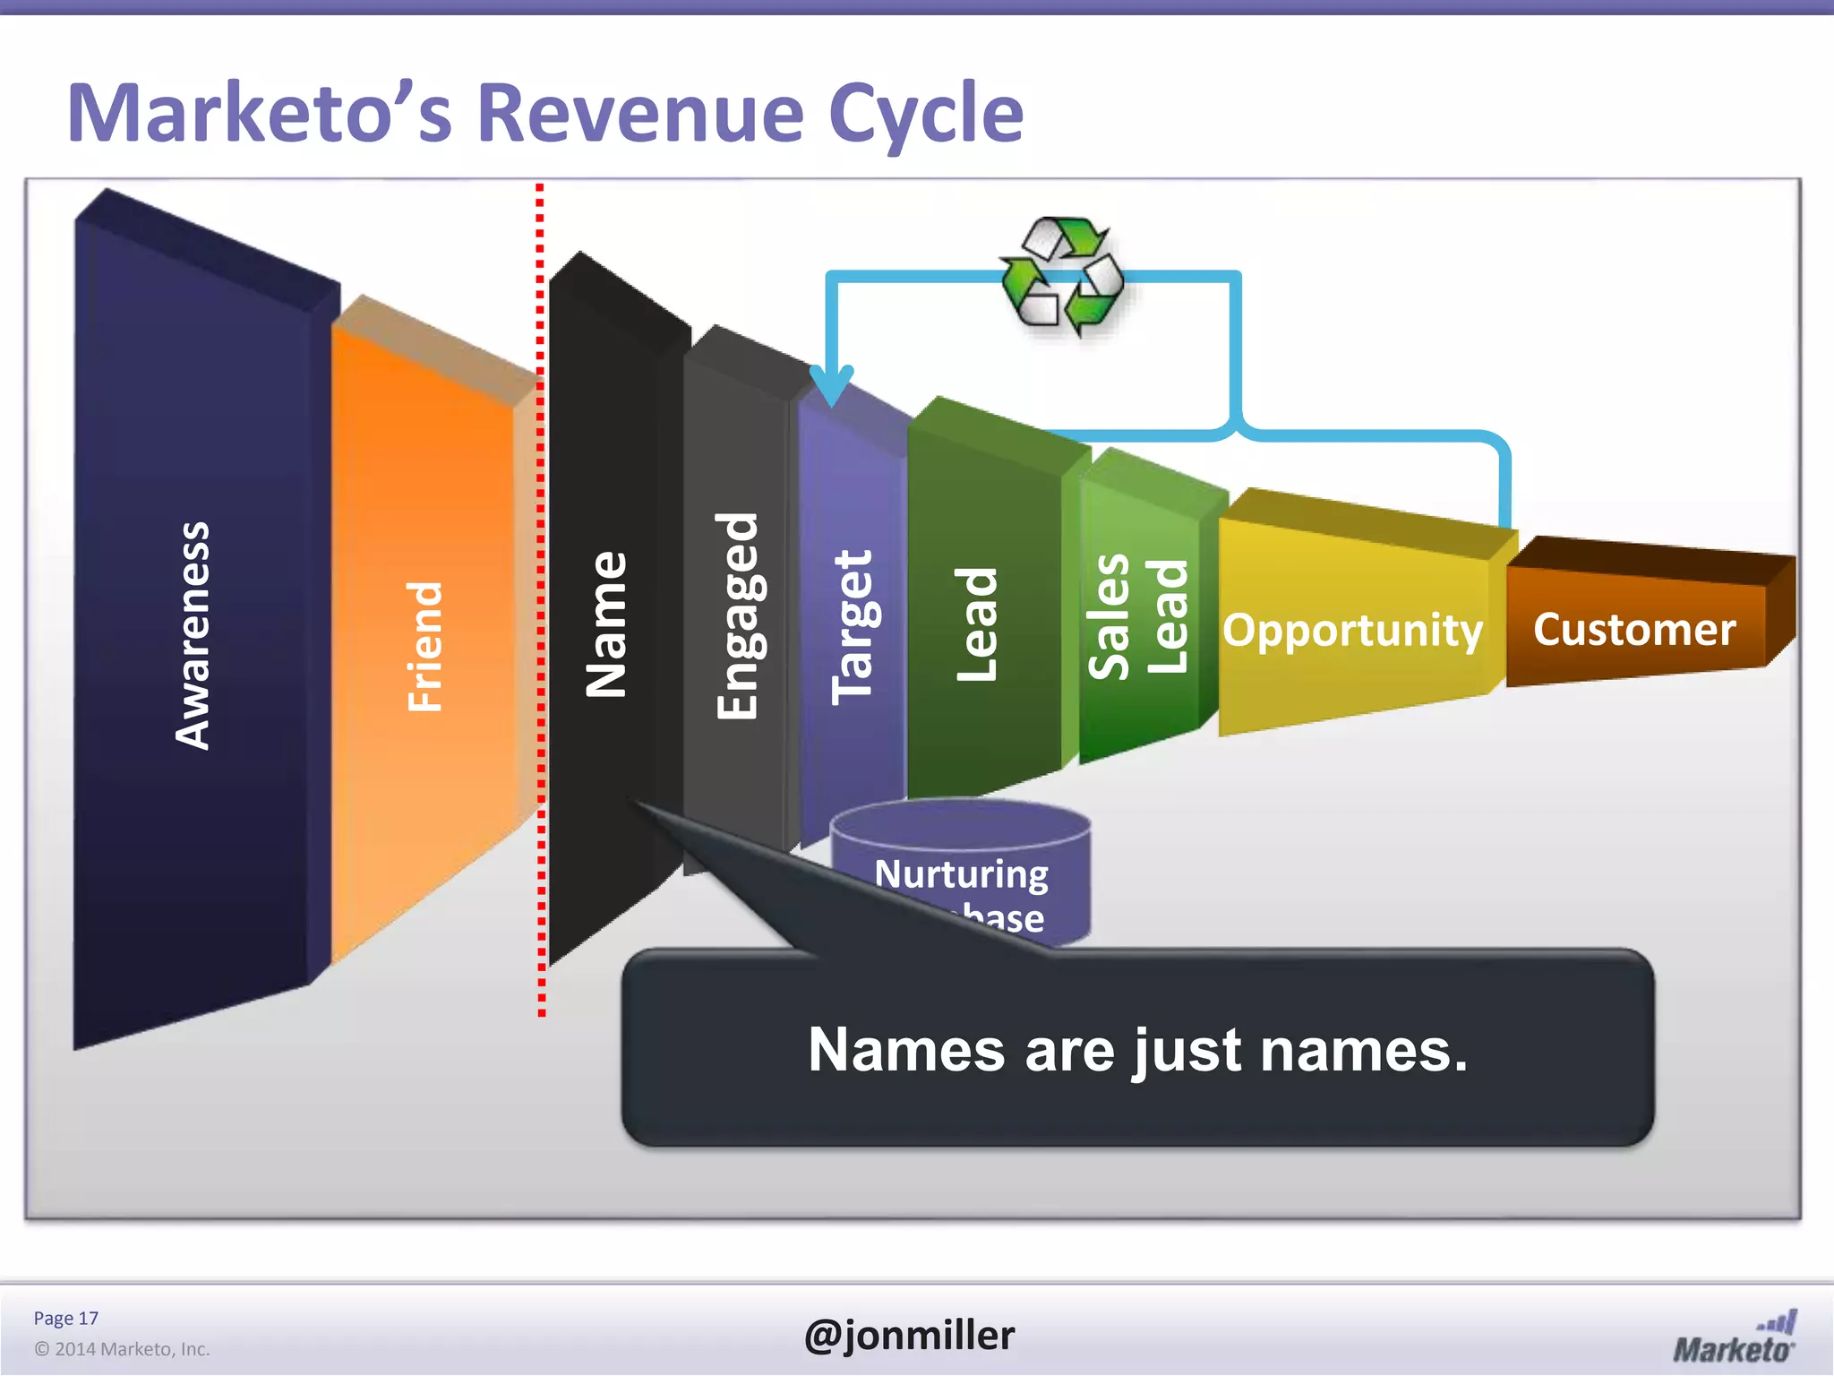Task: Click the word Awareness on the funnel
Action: [193, 635]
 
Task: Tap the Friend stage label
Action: [424, 646]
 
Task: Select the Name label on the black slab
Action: [606, 624]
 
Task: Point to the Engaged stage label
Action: [738, 616]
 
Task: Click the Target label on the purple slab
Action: [852, 626]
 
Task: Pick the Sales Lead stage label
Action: [1138, 616]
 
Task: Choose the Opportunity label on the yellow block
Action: [1352, 630]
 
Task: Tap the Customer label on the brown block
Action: [1634, 629]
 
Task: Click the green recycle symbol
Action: [1062, 275]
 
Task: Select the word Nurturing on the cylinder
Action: [961, 873]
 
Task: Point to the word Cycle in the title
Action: [926, 115]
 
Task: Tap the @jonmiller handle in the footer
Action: [909, 1335]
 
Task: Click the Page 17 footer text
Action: [65, 1318]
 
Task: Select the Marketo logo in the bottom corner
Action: [1735, 1337]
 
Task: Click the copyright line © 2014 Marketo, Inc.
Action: [122, 1349]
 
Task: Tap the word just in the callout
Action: [1187, 1050]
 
